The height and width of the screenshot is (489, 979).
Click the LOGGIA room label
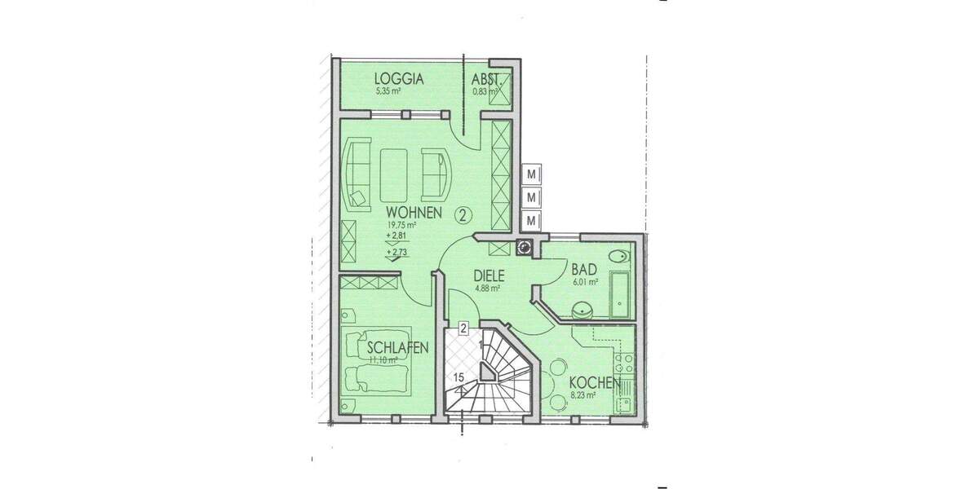399,79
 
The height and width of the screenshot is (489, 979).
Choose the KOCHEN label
595,383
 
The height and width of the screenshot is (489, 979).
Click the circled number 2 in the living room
463,215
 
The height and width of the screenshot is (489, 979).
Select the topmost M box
532,174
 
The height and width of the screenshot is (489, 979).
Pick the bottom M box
532,221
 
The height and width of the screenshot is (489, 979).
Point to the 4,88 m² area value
487,288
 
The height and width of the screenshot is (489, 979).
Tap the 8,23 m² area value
583,395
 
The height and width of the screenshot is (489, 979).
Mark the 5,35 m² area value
388,91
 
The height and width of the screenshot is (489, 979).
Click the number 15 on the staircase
459,377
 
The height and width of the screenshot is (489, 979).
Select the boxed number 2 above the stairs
463,329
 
